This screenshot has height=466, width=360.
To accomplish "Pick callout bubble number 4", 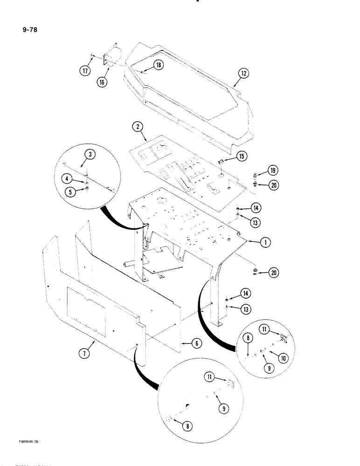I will (69, 178).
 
